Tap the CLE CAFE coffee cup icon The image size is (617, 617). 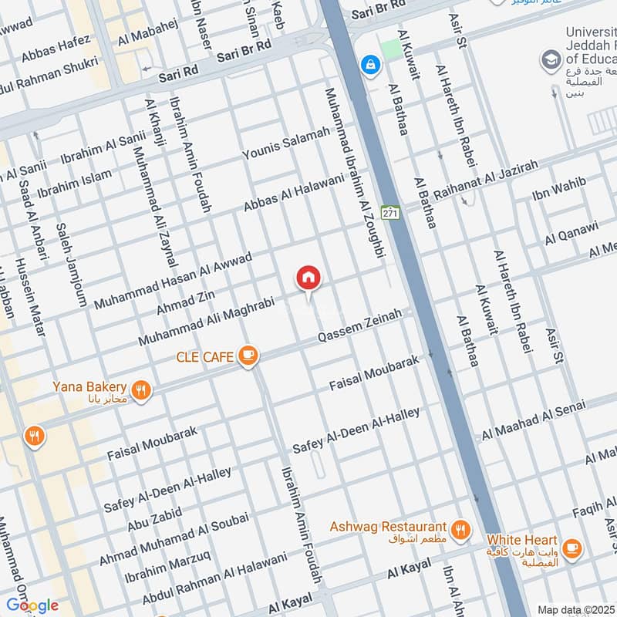point(248,356)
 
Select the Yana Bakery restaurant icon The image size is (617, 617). point(140,390)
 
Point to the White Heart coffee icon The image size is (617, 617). point(571,548)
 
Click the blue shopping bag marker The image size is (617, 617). point(371,64)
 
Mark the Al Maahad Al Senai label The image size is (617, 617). point(534,420)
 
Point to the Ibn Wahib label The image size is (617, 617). point(559,188)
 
